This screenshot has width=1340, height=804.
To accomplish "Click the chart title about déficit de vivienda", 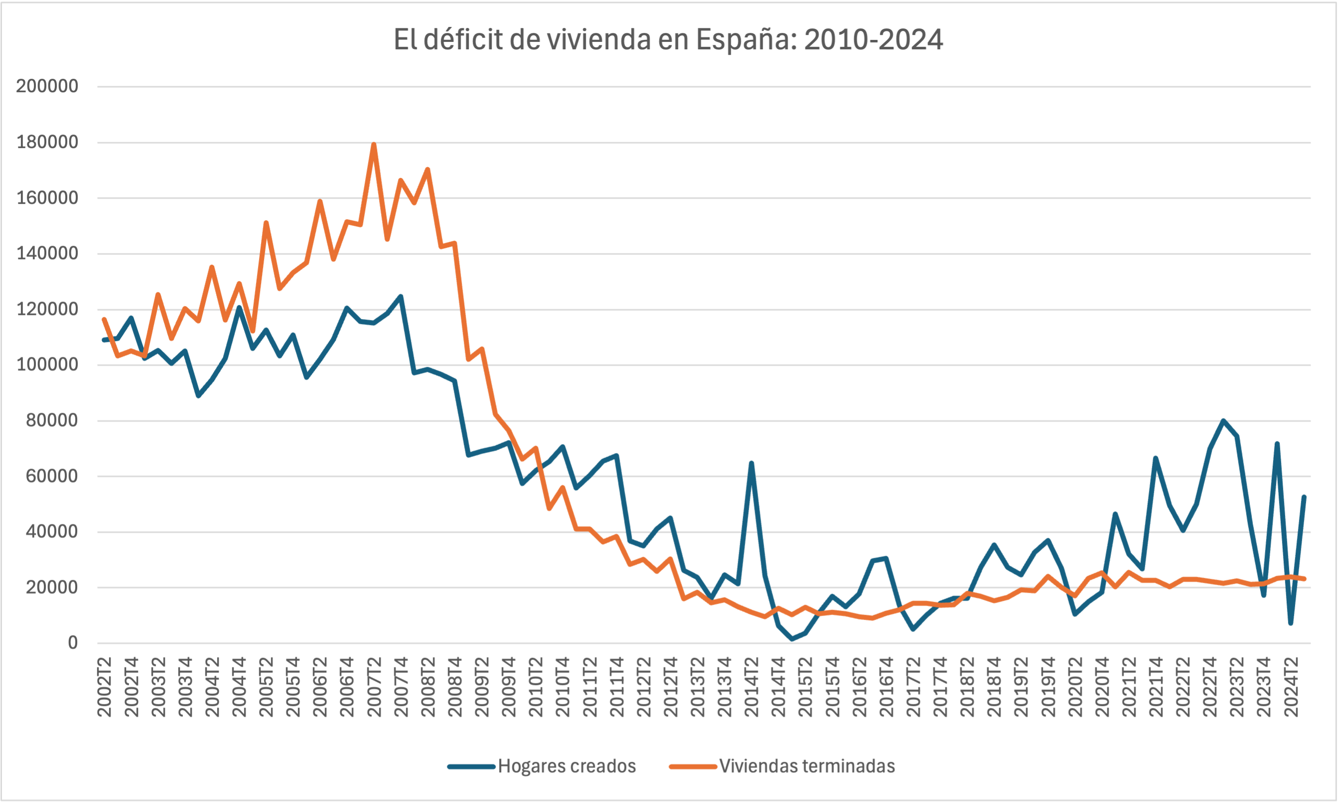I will (x=668, y=39).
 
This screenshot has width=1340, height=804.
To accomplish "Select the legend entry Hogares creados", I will (x=566, y=766).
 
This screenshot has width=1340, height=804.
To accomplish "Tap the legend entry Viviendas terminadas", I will (x=806, y=766).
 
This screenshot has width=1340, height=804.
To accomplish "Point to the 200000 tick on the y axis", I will (x=47, y=86).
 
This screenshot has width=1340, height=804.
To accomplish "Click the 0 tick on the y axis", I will (x=73, y=643).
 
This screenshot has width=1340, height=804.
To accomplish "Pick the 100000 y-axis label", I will (x=47, y=365).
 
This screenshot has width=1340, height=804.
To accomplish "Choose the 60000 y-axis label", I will (x=52, y=476).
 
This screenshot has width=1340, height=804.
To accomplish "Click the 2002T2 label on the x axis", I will (x=104, y=686).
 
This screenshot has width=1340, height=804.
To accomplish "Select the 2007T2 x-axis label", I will (x=374, y=686).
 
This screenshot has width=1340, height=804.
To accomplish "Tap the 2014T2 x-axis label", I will (x=752, y=686).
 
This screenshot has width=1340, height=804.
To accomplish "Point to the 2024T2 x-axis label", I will (x=1291, y=686).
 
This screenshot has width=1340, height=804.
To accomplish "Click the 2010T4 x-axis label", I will (x=562, y=686).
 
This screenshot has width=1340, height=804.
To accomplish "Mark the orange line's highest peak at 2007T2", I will (x=374, y=144).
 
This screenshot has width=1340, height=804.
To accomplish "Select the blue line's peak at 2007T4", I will (x=401, y=297).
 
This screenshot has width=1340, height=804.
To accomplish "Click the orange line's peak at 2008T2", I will (x=428, y=169).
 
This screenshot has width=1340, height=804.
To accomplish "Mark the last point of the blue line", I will (x=1304, y=497).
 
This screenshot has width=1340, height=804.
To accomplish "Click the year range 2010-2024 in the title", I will (x=873, y=39).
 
